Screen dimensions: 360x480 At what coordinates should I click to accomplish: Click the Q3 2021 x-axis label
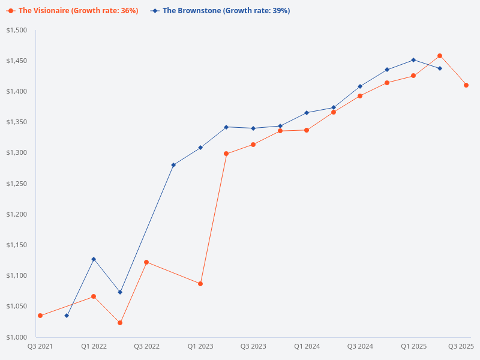pos(40,347)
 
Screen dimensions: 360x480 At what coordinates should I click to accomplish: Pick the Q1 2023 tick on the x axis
pos(200,347)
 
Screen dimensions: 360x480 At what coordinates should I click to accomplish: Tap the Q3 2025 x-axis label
pos(461,347)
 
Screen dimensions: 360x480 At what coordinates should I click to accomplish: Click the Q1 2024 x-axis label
pos(307,347)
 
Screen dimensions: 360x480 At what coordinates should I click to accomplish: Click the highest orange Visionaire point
pos(440,56)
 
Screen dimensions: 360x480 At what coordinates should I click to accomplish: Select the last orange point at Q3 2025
pos(466,85)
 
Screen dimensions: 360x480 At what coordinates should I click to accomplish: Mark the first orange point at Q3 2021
pos(40,316)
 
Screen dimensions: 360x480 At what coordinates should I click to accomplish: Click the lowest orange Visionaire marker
pos(120,323)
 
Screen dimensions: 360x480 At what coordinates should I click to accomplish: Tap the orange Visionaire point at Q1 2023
pos(200,284)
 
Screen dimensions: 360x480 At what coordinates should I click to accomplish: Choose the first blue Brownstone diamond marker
pos(67,316)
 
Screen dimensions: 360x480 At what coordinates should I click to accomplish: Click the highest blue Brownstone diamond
pos(413,60)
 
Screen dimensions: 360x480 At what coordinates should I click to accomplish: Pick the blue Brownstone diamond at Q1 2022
pos(94,259)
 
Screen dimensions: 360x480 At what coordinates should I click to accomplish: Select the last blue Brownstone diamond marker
pos(440,68)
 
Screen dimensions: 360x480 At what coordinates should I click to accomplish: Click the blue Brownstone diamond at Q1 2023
pos(200,148)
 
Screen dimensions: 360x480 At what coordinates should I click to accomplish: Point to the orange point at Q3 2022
pos(146,262)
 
